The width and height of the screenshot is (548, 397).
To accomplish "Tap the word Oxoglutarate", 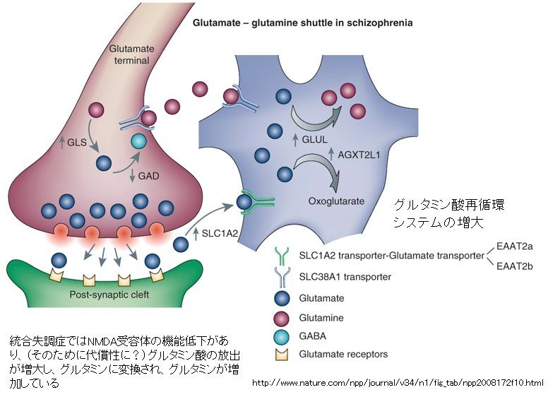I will click(335, 201).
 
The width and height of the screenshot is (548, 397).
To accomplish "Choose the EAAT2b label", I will click(516, 266).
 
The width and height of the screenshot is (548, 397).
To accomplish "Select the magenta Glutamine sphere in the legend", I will click(284, 318).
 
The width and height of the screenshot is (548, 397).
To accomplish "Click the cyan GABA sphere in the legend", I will click(284, 338).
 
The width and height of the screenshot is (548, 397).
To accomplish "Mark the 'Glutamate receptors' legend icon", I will click(284, 355).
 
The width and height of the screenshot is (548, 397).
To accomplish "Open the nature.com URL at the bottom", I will click(398, 383).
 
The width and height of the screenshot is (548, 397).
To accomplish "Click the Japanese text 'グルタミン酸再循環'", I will click(449, 205).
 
